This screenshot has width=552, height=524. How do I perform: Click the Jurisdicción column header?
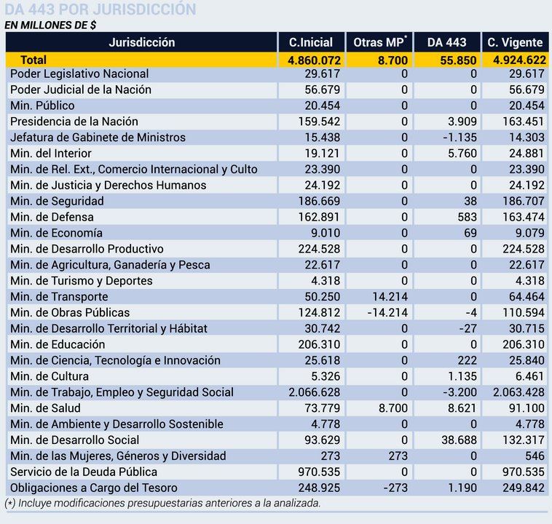click(141, 42)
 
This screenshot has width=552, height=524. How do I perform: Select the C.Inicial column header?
click(311, 42)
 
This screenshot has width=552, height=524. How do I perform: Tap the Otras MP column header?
click(380, 42)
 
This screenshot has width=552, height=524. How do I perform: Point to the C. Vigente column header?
click(515, 42)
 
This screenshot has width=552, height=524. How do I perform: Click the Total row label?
click(33, 60)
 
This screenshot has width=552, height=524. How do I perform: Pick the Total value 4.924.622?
click(519, 60)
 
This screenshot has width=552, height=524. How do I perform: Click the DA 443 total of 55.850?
click(458, 60)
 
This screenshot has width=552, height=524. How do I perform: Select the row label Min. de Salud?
click(45, 408)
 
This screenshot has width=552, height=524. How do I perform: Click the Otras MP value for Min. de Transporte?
click(390, 297)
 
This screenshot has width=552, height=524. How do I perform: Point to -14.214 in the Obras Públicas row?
click(387, 312)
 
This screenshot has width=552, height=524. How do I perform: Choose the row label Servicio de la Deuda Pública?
click(84, 472)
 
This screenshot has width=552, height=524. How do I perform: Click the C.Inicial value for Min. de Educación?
click(319, 344)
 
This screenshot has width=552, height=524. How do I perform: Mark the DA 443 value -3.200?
click(460, 392)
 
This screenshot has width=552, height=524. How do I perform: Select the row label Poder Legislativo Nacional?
click(79, 74)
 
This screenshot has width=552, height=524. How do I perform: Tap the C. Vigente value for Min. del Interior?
click(527, 154)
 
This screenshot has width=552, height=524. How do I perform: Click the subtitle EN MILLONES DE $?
click(50, 25)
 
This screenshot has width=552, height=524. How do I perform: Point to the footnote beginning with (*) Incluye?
click(162, 503)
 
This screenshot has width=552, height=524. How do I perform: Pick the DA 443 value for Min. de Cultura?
click(462, 376)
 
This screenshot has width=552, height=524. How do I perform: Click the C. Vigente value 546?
click(535, 456)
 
